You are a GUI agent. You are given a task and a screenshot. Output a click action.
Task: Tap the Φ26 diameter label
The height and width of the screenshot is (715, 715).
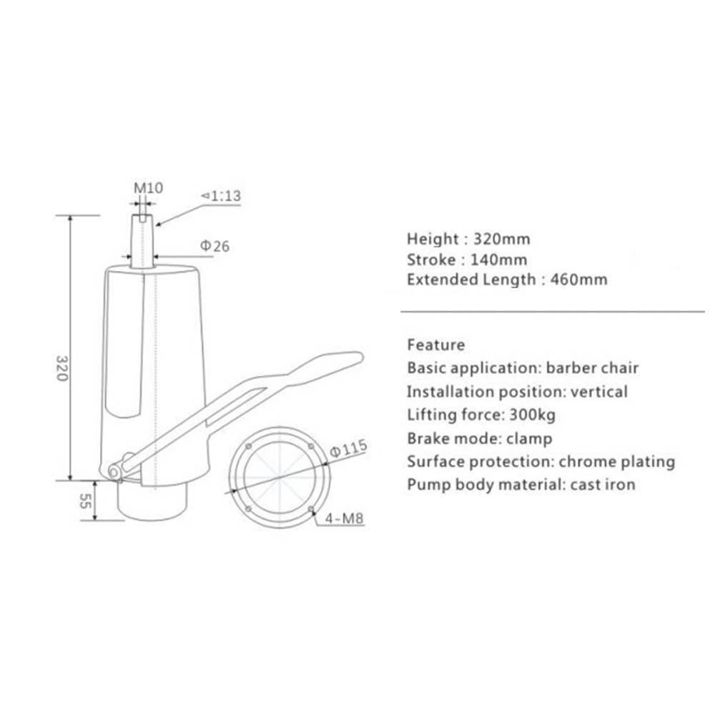coord(214,247)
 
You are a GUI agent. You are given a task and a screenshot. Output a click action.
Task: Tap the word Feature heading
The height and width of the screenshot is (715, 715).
coord(435,345)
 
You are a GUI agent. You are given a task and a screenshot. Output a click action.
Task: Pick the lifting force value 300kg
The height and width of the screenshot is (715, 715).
coord(532,415)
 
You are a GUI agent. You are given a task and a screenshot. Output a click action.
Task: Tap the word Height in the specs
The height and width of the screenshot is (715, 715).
coord(431,239)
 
